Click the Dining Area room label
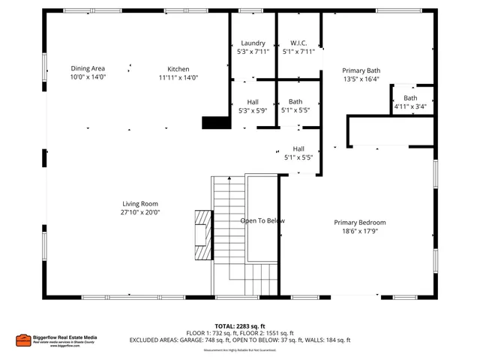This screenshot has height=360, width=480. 88,68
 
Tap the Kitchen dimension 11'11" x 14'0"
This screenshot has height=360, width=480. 178,77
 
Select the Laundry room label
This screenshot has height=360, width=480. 252,43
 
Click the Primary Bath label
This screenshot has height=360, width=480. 361,70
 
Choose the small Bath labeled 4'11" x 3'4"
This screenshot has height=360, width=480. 410,106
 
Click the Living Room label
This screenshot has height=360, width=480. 140,203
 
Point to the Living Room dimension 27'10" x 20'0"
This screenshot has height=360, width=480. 140,212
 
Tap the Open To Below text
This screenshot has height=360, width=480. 262,220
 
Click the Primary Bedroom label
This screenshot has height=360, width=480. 360,222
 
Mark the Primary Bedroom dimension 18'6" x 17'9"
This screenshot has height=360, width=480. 360,231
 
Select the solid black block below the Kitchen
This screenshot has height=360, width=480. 215,124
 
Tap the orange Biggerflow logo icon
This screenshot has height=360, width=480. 23,340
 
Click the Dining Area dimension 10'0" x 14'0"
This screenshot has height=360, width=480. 88,77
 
